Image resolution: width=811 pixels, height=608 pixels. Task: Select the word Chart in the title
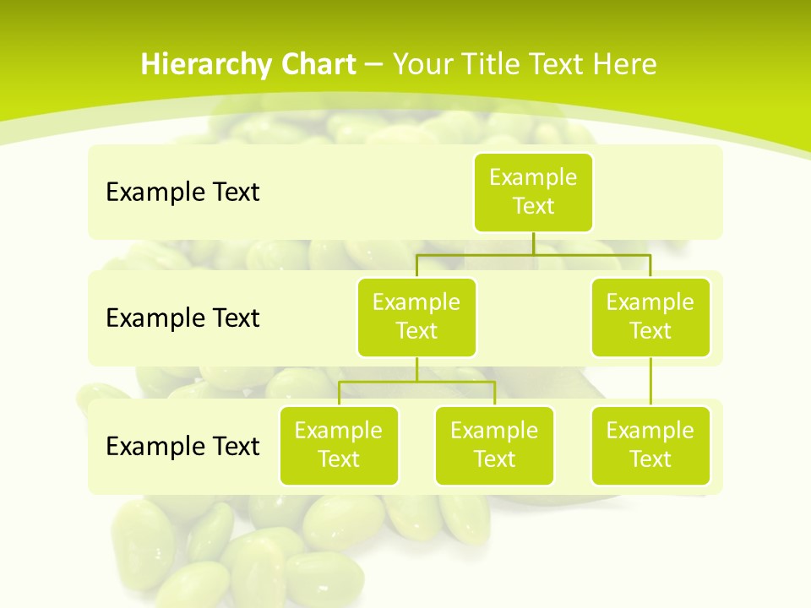click(314, 65)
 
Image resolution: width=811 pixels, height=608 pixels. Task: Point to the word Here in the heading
click(624, 65)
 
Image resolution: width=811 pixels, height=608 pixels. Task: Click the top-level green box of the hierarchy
click(533, 193)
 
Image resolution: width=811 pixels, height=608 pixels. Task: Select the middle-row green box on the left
click(416, 318)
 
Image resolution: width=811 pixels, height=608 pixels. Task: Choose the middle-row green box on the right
click(650, 318)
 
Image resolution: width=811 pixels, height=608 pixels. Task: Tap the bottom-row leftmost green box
click(339, 446)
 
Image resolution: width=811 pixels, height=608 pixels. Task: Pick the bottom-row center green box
click(494, 446)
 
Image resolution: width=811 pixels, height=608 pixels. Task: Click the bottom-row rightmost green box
click(650, 446)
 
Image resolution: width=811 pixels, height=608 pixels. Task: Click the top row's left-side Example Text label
click(182, 193)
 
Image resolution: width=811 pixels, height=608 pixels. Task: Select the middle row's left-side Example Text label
click(182, 318)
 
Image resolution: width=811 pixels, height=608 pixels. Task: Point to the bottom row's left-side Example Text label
click(182, 446)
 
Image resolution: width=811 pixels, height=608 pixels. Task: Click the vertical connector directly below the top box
click(533, 242)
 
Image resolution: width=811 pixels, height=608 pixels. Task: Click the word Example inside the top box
click(533, 177)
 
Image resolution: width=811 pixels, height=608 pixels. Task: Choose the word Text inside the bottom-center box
click(494, 459)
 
